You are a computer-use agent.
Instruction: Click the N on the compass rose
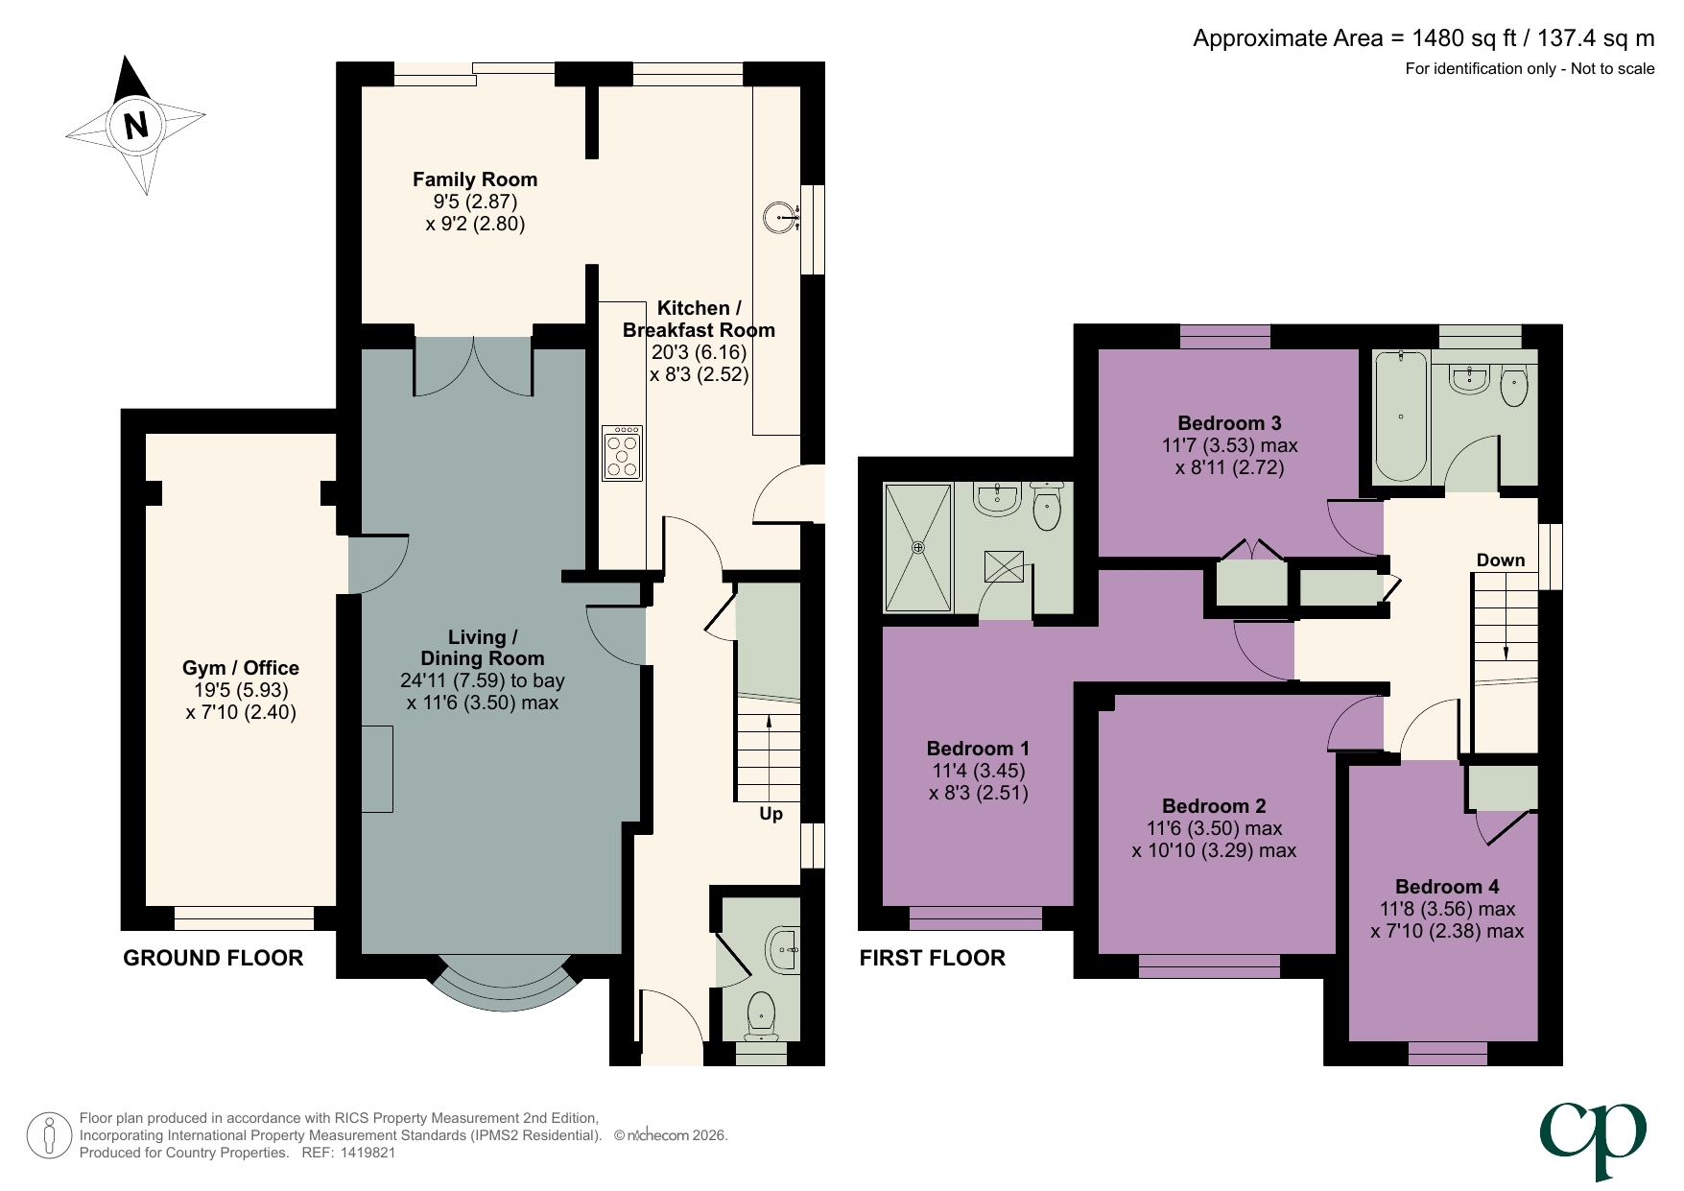(136, 126)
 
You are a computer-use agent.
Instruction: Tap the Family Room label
(475, 179)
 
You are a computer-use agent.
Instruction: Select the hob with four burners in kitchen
(622, 453)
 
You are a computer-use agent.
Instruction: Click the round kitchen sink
(782, 218)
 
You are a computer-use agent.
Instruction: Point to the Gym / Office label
(241, 668)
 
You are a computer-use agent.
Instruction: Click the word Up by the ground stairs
(771, 814)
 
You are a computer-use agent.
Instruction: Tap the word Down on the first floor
(1500, 560)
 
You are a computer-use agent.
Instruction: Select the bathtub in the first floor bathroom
(1401, 417)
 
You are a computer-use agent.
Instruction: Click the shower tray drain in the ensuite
(918, 548)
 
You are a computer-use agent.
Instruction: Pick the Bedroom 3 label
(1229, 423)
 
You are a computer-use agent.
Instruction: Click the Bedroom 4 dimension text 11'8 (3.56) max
(1447, 909)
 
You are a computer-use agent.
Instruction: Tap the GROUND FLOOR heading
(213, 958)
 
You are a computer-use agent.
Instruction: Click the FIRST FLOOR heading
(932, 958)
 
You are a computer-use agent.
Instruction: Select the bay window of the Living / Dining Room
(506, 984)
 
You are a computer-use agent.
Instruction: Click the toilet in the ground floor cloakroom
(761, 1013)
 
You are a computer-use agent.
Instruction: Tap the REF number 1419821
(363, 1153)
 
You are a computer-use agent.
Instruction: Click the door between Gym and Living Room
(377, 566)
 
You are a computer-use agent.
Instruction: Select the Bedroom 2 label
(1214, 806)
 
